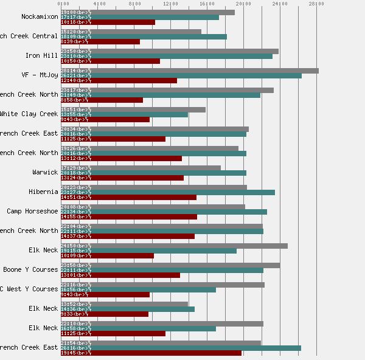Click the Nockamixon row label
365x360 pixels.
pyautogui.click(x=40, y=16)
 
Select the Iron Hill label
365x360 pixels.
pyautogui.click(x=42, y=55)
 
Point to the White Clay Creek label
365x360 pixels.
pyautogui.click(x=29, y=114)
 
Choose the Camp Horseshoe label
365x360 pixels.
pyautogui.click(x=33, y=211)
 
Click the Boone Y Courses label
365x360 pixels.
pyautogui.click(x=30, y=269)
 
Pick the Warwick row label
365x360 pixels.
pyautogui.click(x=46, y=172)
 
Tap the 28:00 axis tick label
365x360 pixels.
pyautogui.click(x=316, y=4)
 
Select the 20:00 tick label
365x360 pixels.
pyautogui.click(x=243, y=4)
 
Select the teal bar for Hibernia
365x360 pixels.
pyautogui.click(x=168, y=192)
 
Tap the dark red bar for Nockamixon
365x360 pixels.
pyautogui.click(x=108, y=22)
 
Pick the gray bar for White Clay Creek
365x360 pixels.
pyautogui.click(x=133, y=109)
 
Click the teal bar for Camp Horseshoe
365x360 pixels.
pyautogui.click(x=164, y=212)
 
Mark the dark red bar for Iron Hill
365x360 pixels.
pyautogui.click(x=111, y=61)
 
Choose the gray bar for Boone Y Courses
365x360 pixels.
pyautogui.click(x=170, y=265)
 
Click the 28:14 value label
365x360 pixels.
pyautogui.click(x=69, y=71)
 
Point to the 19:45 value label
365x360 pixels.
pyautogui.click(x=69, y=353)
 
